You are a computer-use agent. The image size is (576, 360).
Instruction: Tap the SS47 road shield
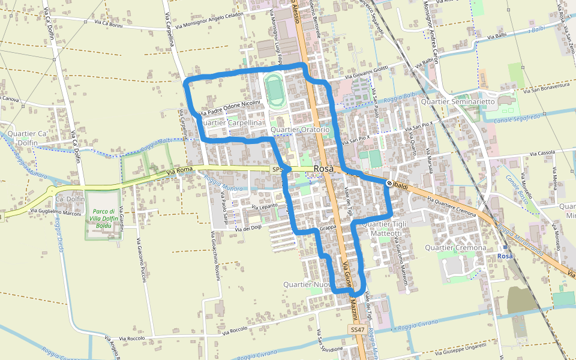pos(358,330)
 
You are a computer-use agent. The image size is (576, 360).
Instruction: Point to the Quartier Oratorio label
pos(300,130)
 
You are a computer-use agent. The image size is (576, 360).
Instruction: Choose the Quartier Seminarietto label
pos(458,101)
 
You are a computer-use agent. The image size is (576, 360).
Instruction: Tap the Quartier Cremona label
pos(455,247)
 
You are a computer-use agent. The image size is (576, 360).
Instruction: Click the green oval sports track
pos(275,90)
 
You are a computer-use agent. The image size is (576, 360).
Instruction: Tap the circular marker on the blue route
pos(389,183)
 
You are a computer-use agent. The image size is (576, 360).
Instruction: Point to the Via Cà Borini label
pos(109,23)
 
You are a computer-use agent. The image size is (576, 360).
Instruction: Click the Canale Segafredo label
pos(517,119)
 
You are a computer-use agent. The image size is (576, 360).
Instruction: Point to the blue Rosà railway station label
pos(505,256)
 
